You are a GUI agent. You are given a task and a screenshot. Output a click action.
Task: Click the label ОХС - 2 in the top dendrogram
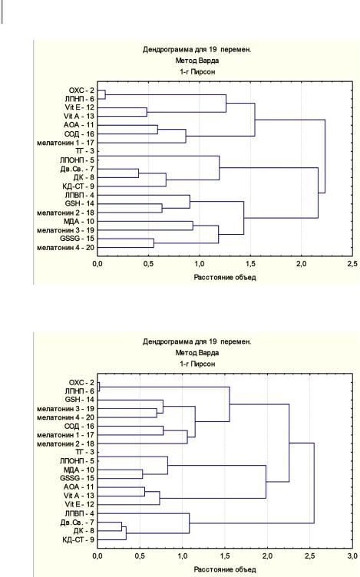coord(81,91)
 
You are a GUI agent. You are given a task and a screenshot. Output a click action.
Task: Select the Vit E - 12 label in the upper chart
coord(79,107)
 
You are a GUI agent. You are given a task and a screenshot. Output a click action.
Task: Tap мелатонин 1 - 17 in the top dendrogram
coord(65,143)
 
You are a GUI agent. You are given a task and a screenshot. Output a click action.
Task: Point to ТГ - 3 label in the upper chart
coord(84,151)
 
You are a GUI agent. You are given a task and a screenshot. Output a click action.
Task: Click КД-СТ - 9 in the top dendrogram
coord(78,186)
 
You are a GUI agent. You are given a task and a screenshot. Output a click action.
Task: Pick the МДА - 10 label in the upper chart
coord(79,222)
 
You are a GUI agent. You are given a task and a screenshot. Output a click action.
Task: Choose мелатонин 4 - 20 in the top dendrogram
coord(65,248)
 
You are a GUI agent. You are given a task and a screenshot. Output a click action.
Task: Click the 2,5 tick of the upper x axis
coord(352,264)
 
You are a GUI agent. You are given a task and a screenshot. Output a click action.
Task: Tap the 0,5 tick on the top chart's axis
coord(148,264)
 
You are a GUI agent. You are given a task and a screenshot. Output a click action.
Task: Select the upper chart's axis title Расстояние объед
coord(225,277)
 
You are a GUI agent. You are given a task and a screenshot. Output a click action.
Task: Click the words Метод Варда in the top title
coord(197,61)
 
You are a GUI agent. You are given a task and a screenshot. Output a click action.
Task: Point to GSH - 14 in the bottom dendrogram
coord(80,400)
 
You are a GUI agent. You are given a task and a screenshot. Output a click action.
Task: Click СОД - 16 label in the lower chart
coord(79,426)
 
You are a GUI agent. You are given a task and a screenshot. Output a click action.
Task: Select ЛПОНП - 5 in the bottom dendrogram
coord(77,460)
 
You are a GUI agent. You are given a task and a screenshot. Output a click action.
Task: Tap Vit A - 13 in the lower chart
coord(79,496)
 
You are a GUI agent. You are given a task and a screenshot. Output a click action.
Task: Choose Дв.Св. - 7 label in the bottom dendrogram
coord(77,523)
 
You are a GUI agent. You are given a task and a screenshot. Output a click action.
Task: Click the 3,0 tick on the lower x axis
coord(352,556)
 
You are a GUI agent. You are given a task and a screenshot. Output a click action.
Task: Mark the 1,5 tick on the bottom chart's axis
coord(225,556)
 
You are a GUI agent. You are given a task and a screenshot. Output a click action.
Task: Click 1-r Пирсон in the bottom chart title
coord(197,364)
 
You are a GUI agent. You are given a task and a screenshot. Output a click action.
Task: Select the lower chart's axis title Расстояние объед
coord(225,569)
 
